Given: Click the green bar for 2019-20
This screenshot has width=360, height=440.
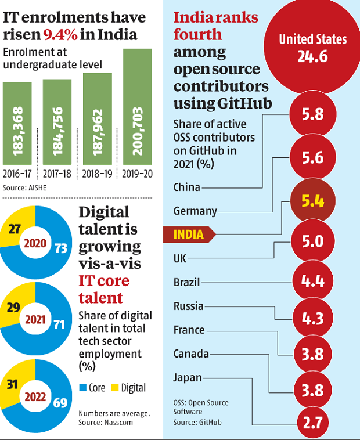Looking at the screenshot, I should pyautogui.click(x=137, y=107).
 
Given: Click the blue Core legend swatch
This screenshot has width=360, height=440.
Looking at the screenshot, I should pyautogui.click(x=82, y=387).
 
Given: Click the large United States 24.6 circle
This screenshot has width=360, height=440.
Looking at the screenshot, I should pyautogui.click(x=312, y=48).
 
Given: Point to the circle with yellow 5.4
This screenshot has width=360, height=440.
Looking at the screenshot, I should pyautogui.click(x=312, y=203).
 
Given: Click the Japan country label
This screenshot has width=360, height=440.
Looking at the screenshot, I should pyautogui.click(x=188, y=378).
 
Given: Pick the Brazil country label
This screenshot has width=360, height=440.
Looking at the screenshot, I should pyautogui.click(x=186, y=283).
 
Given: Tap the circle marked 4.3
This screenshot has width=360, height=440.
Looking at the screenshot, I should pyautogui.click(x=312, y=319).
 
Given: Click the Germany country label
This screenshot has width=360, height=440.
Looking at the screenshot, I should pyautogui.click(x=195, y=211).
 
